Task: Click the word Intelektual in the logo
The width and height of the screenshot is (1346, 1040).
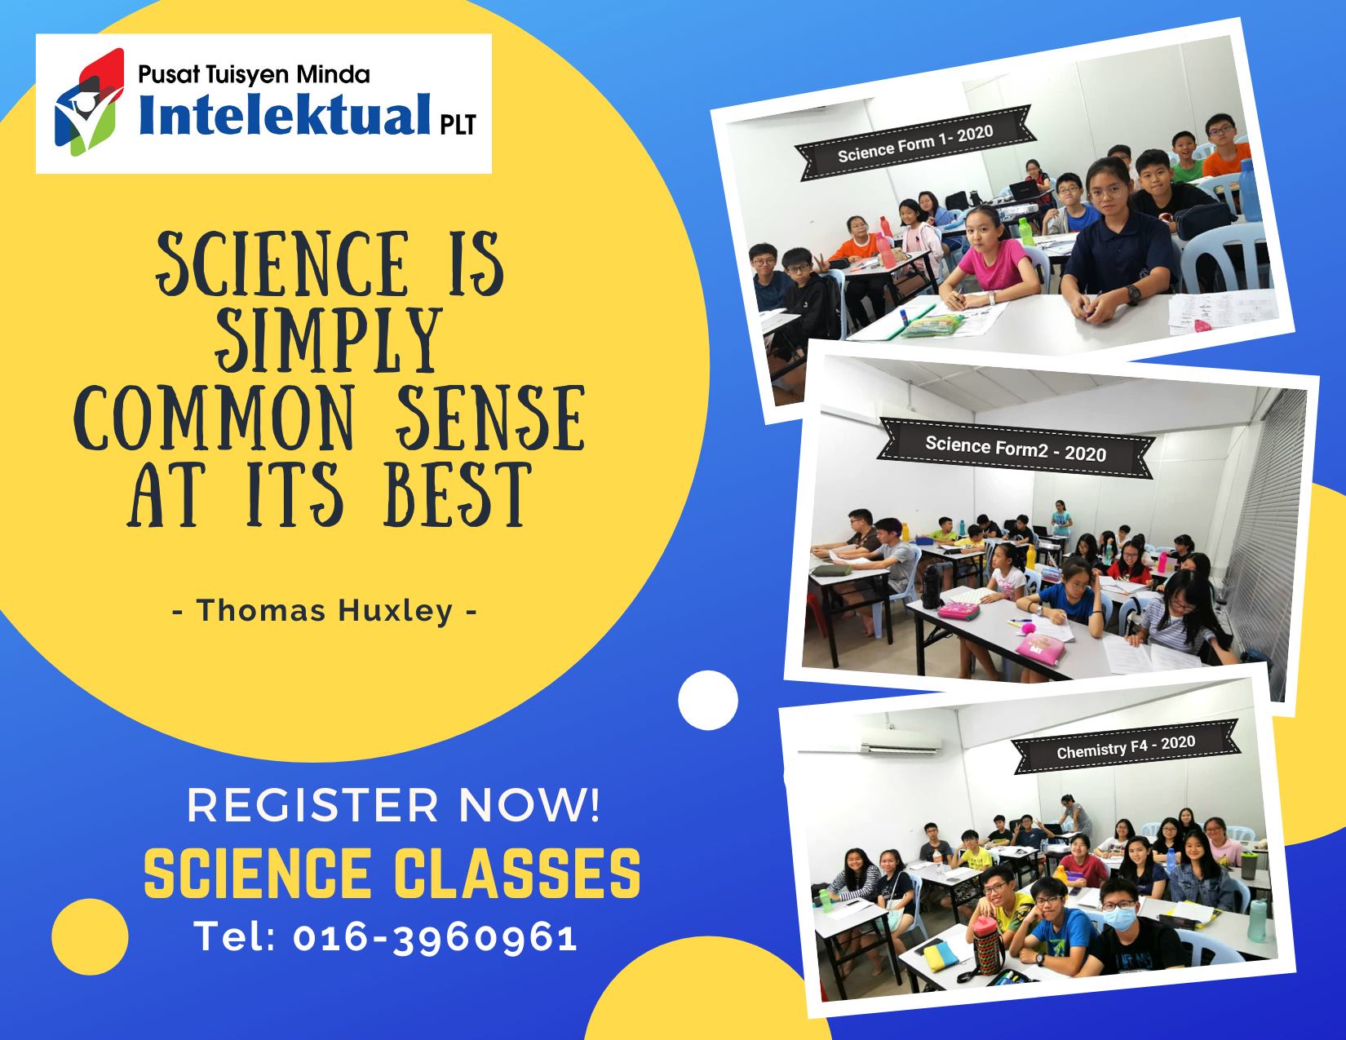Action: click(x=285, y=115)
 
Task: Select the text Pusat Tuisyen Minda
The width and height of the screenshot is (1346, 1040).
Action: click(x=254, y=75)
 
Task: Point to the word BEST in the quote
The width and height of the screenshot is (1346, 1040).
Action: click(x=457, y=495)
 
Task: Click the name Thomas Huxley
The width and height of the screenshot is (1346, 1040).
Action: click(x=325, y=611)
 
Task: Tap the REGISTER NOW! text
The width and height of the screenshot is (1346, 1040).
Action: click(x=394, y=805)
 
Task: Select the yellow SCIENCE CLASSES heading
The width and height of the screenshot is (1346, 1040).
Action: click(x=392, y=874)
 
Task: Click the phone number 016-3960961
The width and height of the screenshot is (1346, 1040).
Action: click(x=436, y=937)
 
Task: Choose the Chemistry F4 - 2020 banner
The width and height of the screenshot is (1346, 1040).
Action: click(x=1126, y=747)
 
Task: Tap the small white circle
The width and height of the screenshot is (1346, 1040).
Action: click(x=708, y=700)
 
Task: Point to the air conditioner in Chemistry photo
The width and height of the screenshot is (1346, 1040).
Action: click(x=901, y=740)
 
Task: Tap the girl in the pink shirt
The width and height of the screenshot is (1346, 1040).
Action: click(x=990, y=260)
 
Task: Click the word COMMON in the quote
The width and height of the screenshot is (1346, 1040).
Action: click(x=215, y=418)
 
